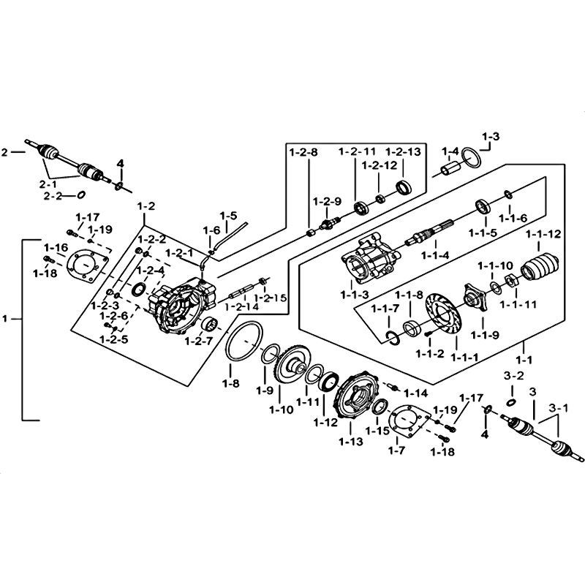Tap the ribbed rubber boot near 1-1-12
tap(542, 266)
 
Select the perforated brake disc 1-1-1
tap(442, 320)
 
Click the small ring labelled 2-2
tap(82, 195)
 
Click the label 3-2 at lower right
tap(514, 375)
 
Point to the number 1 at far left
tap(7, 319)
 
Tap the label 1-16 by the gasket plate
tap(56, 247)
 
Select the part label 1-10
tap(281, 409)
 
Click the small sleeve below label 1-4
tap(447, 172)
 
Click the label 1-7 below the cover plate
tap(398, 450)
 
